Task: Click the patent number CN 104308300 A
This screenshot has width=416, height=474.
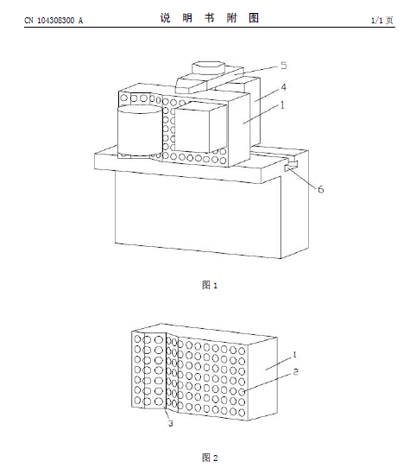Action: point(54,20)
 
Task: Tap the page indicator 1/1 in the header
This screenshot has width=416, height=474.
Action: point(376,20)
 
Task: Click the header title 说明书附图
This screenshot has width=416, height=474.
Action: point(210,18)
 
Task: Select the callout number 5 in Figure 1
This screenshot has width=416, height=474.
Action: point(283,66)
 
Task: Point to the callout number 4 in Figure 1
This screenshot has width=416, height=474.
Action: point(283,87)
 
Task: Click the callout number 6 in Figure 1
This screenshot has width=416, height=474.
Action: point(320,189)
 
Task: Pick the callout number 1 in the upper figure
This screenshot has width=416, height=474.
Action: point(282,104)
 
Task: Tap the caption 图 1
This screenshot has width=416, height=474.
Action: point(210,285)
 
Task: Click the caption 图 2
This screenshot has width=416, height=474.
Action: point(210,458)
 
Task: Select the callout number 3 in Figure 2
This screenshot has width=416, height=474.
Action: point(170,423)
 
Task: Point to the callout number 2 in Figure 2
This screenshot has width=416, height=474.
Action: point(295,371)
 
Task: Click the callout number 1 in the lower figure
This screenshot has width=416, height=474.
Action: point(295,354)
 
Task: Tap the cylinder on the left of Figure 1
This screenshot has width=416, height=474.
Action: point(140,130)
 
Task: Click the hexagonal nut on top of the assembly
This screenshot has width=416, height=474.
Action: point(209,67)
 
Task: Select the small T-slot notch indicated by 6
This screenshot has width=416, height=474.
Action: point(291,165)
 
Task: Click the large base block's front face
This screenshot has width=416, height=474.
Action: point(198,214)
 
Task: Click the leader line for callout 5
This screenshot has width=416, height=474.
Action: point(256,70)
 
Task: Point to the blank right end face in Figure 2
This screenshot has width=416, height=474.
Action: point(262,379)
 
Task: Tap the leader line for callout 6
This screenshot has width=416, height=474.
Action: point(302,178)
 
